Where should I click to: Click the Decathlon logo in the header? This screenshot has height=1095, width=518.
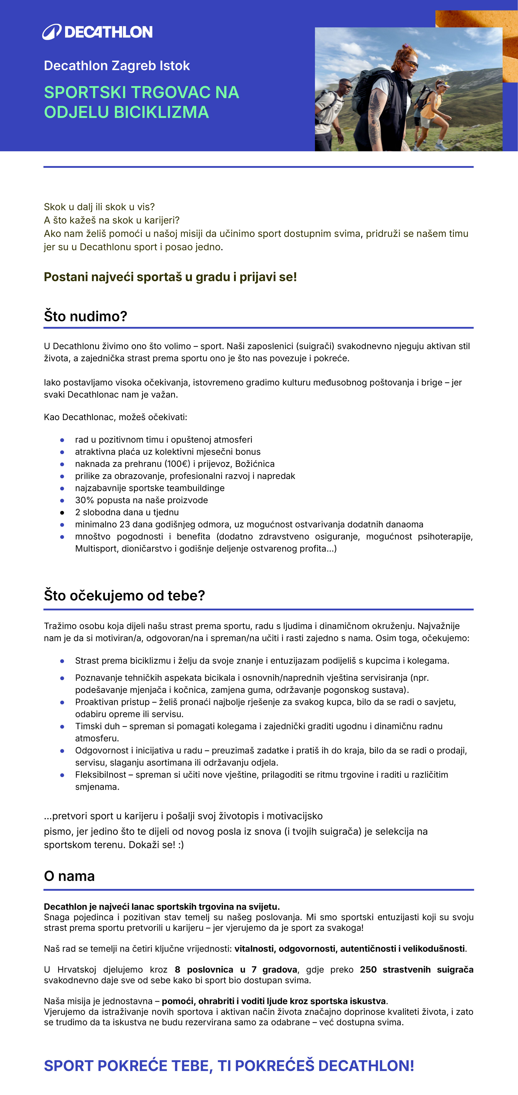tap(97, 32)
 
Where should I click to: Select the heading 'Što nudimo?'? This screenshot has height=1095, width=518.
tap(85, 316)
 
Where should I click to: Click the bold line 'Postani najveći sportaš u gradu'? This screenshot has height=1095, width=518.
tap(170, 277)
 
